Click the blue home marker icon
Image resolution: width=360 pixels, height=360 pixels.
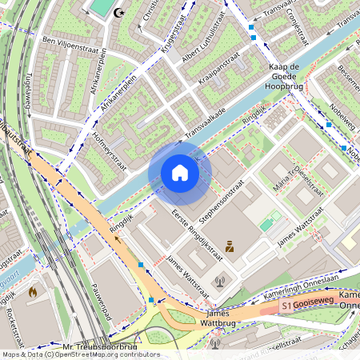(x=180, y=173)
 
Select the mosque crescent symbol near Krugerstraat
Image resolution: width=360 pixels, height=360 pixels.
(x=121, y=12)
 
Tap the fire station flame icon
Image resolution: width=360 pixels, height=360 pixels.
(x=33, y=292)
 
